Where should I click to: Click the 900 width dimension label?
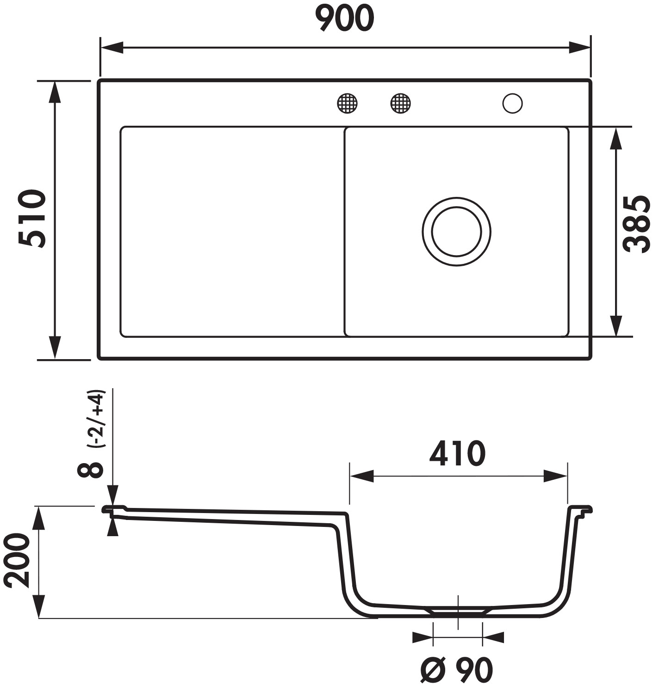click(344, 18)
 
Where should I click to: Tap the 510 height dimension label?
click(32, 219)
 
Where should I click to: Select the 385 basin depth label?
click(638, 224)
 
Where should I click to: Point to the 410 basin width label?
click(457, 453)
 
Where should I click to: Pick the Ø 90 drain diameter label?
click(457, 670)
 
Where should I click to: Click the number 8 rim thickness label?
click(91, 470)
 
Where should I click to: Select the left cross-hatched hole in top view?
click(347, 104)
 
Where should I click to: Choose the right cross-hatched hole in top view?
click(401, 104)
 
